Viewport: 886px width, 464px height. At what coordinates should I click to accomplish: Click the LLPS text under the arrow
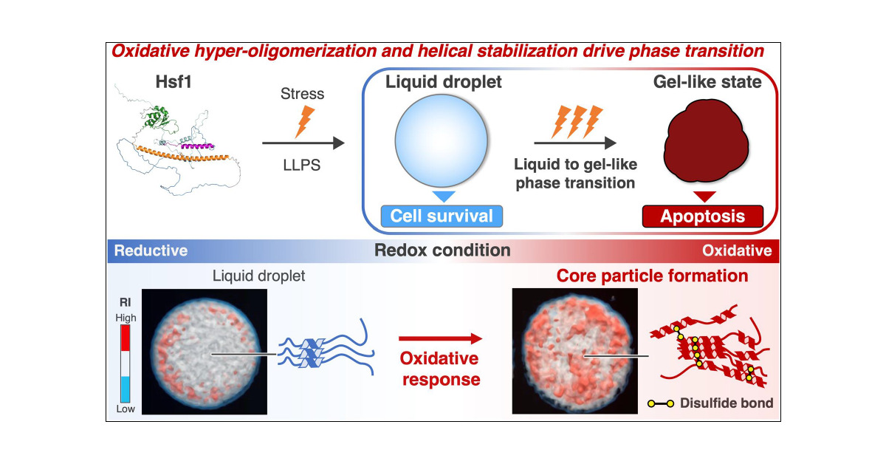point(301,166)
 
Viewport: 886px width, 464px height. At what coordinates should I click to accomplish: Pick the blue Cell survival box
point(442,216)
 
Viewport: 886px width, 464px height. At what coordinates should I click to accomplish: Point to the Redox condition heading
point(442,250)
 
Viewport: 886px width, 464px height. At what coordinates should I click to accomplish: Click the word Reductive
point(151,251)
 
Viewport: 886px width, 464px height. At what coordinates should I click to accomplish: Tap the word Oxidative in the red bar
point(737,251)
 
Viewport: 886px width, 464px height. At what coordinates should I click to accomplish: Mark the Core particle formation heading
point(652,276)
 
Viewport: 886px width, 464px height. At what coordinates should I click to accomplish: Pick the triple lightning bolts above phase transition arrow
point(574,120)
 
